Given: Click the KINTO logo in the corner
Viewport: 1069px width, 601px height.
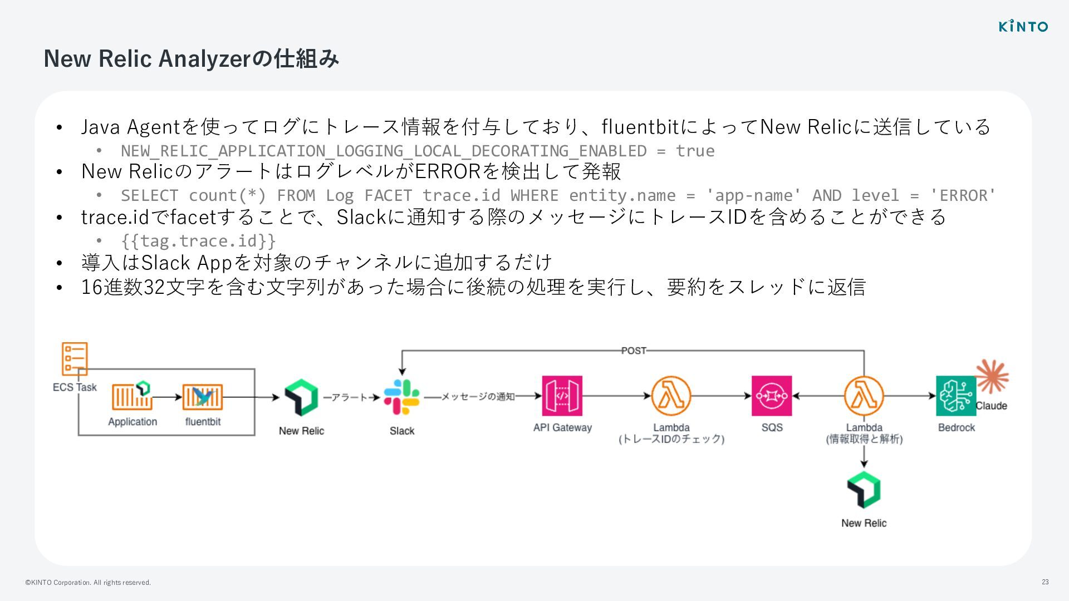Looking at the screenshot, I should pyautogui.click(x=1023, y=26).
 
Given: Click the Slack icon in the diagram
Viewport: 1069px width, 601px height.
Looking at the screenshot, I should pyautogui.click(x=401, y=397).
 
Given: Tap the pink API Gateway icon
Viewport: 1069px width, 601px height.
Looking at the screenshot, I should pyautogui.click(x=562, y=396).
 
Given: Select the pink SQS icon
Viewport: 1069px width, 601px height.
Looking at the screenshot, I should pyautogui.click(x=771, y=396).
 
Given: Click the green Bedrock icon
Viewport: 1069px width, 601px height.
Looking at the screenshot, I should pyautogui.click(x=955, y=396).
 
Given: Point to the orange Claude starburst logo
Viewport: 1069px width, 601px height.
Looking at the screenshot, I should pyautogui.click(x=992, y=376).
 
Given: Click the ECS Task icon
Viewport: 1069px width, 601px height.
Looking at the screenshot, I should pyautogui.click(x=75, y=358).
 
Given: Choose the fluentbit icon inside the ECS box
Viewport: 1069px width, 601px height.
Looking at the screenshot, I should pyautogui.click(x=203, y=397).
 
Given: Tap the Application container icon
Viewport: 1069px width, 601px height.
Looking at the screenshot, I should pyautogui.click(x=133, y=396).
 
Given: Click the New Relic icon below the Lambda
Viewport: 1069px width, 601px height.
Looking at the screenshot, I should pyautogui.click(x=864, y=490).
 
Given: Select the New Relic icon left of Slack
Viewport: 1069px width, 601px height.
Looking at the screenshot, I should pyautogui.click(x=301, y=397).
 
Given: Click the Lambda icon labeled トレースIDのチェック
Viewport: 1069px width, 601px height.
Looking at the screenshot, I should pyautogui.click(x=671, y=396).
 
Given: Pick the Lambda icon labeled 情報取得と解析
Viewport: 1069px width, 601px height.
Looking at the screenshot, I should pyautogui.click(x=864, y=396).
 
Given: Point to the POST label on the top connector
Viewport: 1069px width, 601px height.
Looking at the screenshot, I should pyautogui.click(x=634, y=351).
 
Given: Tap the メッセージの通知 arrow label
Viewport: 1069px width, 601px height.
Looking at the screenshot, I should pyautogui.click(x=478, y=397).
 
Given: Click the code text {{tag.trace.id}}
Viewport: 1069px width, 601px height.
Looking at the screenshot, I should pyautogui.click(x=198, y=241).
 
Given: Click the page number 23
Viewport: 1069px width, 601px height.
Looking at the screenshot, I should pyautogui.click(x=1045, y=582).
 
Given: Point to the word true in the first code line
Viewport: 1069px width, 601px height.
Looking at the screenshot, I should pyautogui.click(x=695, y=151).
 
